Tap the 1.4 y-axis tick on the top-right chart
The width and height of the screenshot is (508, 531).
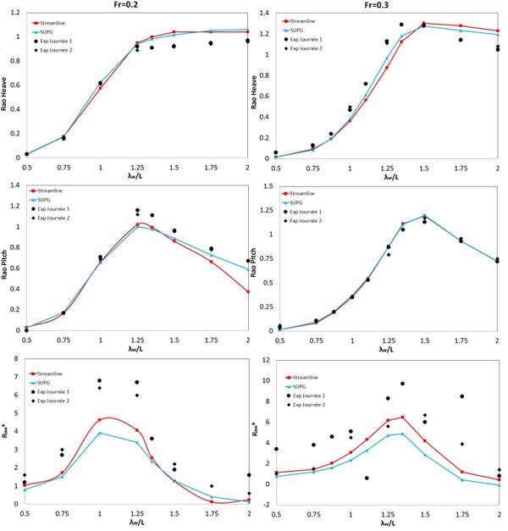266,14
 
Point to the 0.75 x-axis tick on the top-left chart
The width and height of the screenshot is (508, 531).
63,168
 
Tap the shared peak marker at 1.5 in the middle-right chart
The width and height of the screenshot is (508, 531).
424,216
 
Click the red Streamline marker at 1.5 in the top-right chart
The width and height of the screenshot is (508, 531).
424,24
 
